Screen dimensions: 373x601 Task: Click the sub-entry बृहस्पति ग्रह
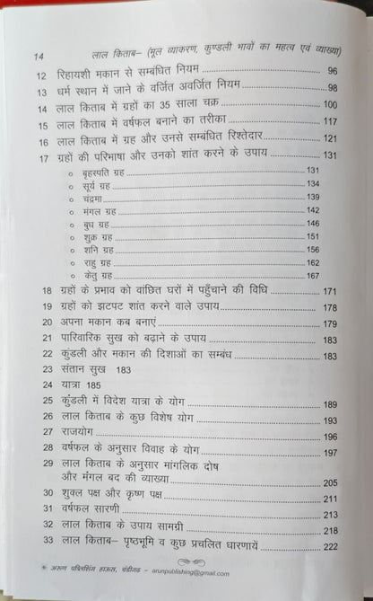tap(98, 171)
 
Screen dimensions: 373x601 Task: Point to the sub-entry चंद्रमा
tap(91, 196)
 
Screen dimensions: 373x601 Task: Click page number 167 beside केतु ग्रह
tap(312, 276)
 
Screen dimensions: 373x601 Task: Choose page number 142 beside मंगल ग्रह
tap(312, 209)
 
